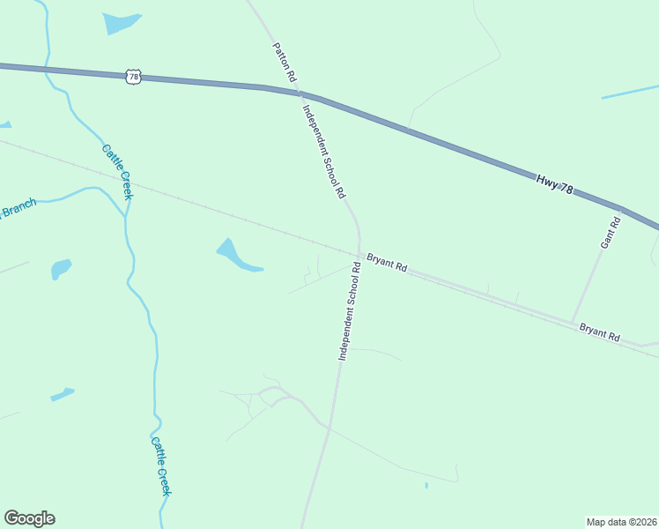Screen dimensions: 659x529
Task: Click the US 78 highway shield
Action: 132,77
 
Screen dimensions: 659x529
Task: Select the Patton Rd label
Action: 284,63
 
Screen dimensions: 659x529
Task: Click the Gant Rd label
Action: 610,232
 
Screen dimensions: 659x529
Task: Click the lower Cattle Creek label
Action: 160,466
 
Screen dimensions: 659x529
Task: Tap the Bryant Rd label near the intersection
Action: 387,262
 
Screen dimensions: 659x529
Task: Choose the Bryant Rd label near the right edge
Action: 600,332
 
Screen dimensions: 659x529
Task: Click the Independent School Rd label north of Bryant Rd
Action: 323,153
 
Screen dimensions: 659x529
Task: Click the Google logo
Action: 29,518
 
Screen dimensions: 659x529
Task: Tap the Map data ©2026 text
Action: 621,521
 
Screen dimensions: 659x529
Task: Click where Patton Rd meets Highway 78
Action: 300,92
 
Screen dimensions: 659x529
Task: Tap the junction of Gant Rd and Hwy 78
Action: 620,211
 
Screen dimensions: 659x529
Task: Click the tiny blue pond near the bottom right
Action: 426,485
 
